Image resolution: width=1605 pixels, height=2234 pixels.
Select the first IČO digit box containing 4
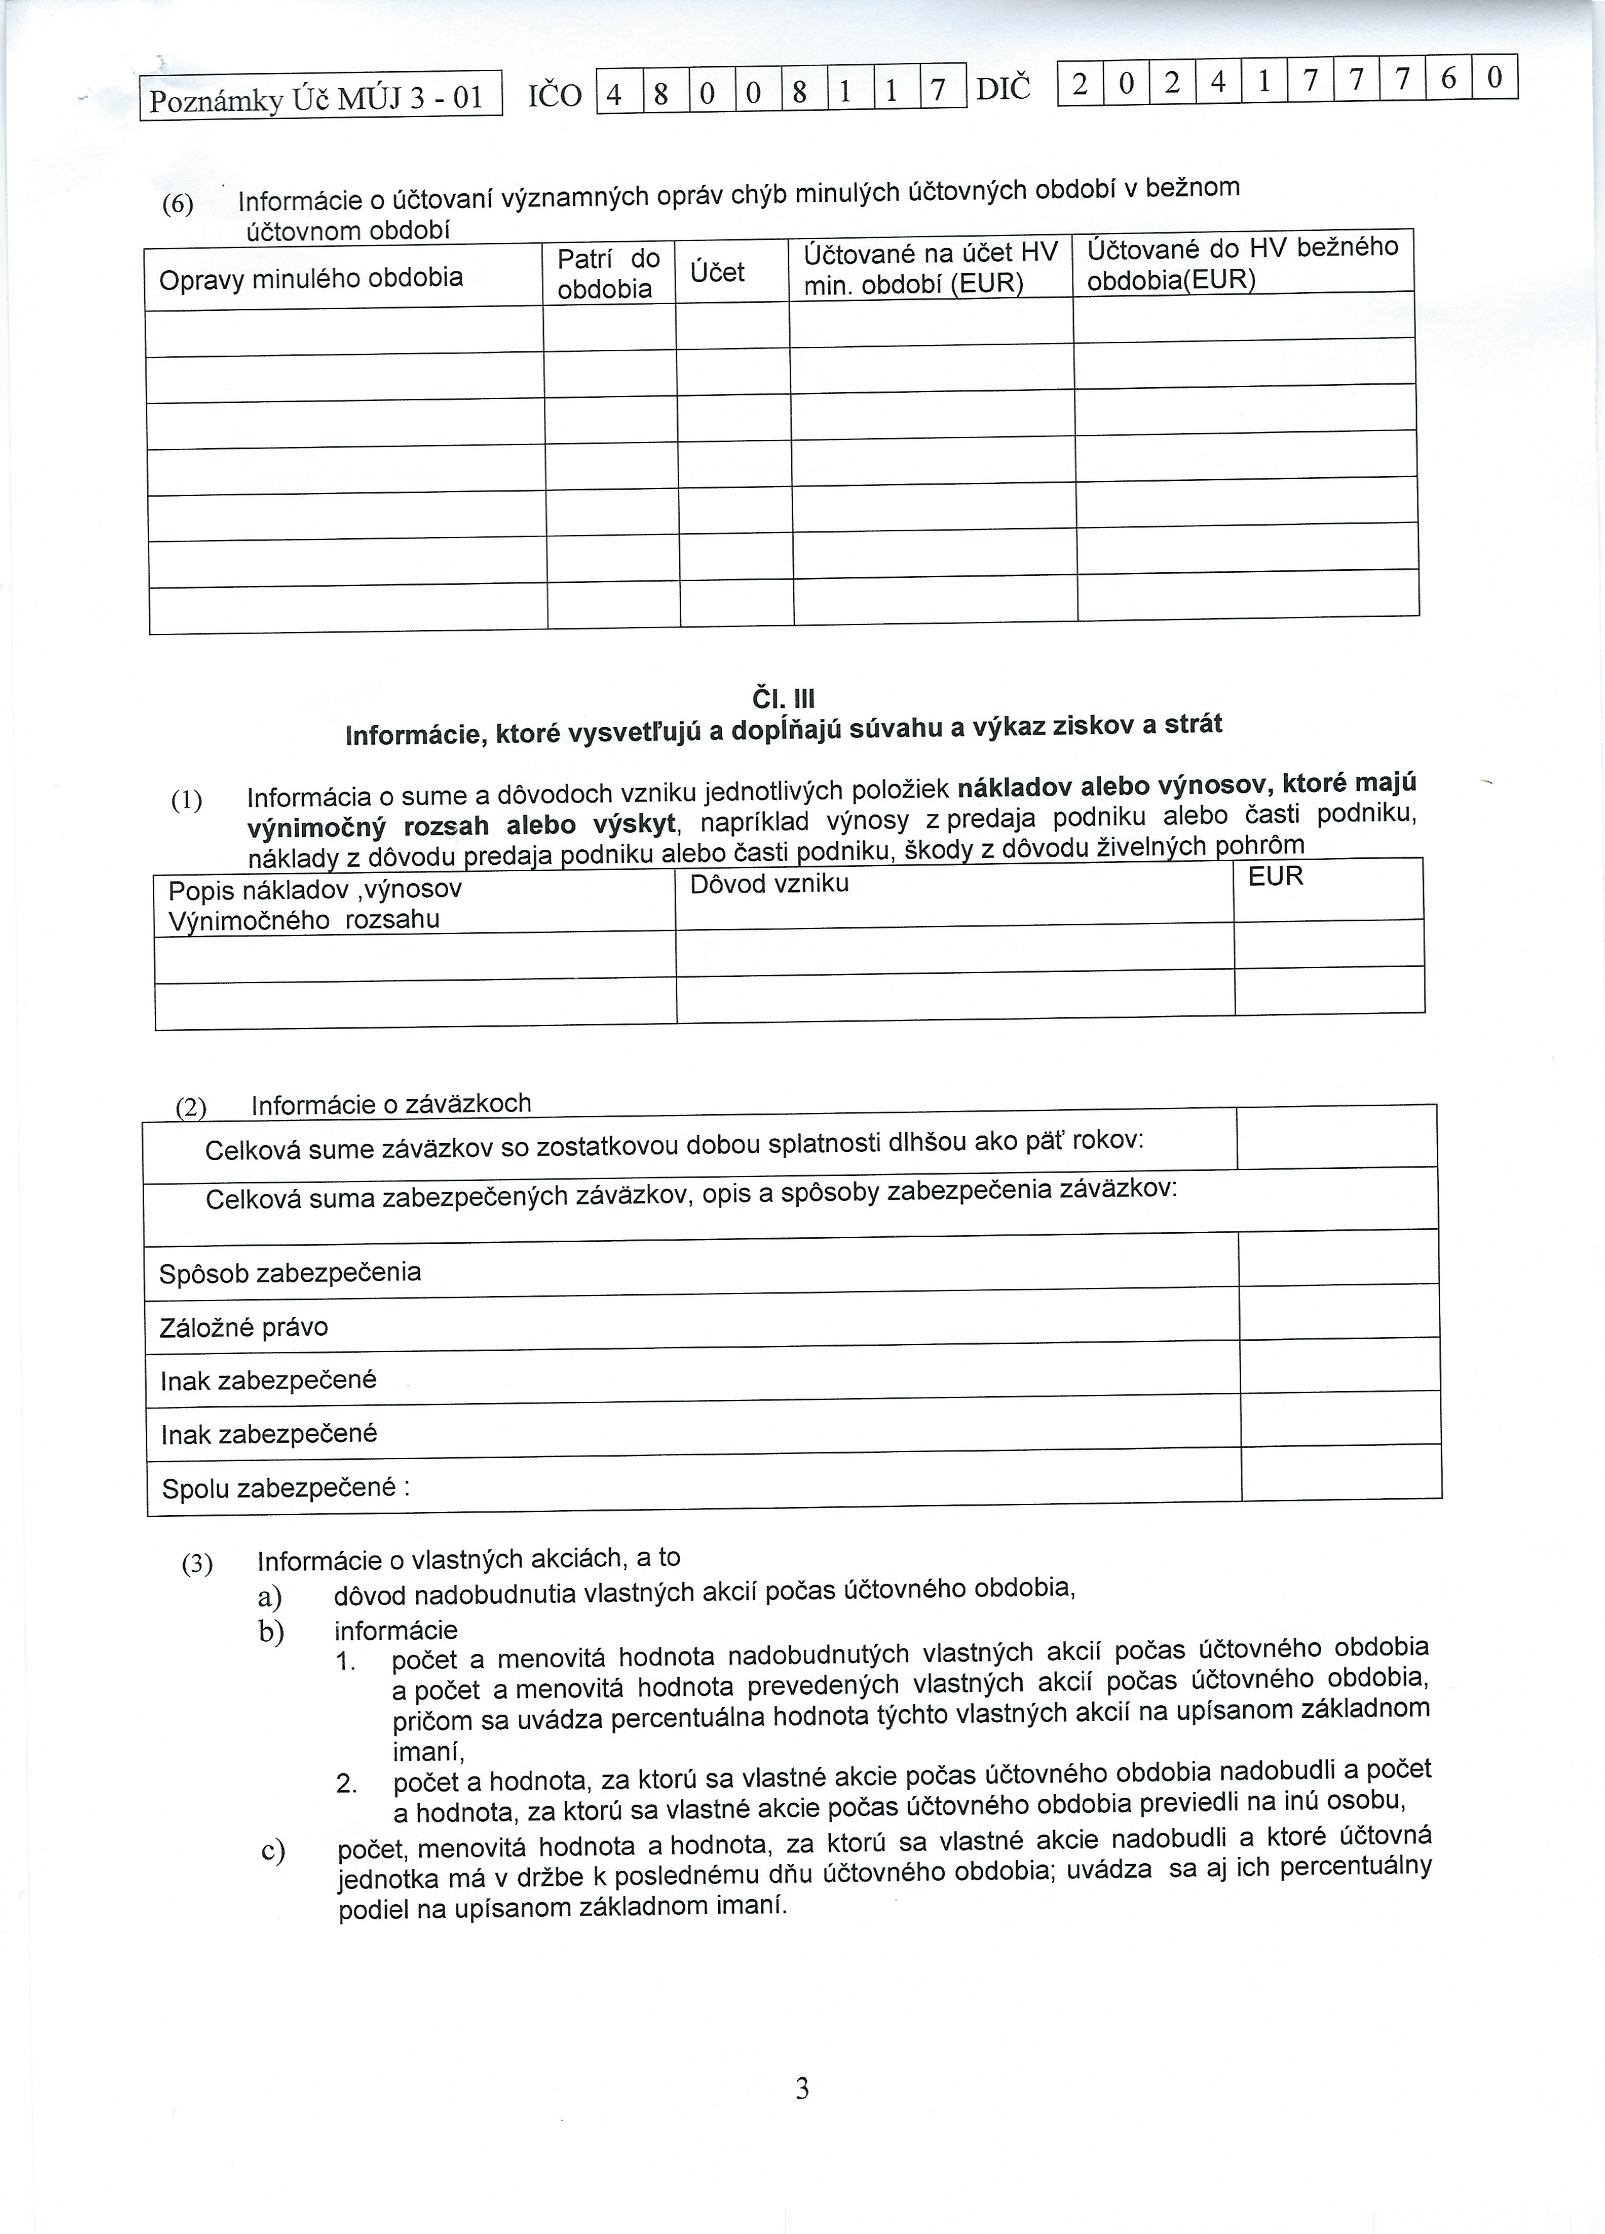click(617, 94)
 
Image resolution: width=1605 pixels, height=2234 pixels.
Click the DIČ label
click(1003, 89)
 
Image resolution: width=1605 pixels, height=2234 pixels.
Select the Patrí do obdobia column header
click(607, 274)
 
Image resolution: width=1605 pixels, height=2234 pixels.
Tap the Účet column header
click(717, 272)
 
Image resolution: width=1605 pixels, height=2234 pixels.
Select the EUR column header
click(1275, 876)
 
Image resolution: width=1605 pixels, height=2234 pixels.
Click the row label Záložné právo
click(243, 1327)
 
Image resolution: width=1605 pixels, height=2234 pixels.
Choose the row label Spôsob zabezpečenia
click(291, 1273)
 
